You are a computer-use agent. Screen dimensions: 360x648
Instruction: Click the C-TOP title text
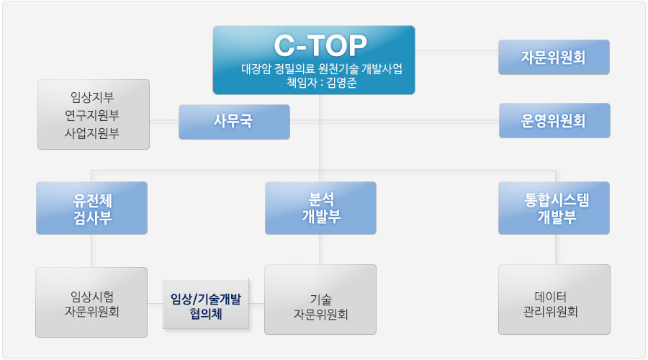[320, 45]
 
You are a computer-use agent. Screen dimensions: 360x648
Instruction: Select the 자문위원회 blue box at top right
[554, 58]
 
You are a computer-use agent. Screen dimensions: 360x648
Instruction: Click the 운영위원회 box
[554, 121]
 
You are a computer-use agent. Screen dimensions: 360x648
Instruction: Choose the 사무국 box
[234, 122]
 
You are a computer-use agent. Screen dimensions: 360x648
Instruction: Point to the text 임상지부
[92, 97]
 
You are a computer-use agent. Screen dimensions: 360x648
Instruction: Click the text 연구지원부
[92, 115]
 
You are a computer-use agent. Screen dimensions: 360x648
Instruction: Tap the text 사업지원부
[92, 133]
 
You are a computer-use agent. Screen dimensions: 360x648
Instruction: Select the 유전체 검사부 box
[92, 208]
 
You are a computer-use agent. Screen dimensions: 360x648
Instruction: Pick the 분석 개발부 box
[320, 208]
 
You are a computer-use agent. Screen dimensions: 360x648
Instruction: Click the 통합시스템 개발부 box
[554, 208]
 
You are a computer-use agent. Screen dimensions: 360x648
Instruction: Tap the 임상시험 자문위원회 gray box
[92, 303]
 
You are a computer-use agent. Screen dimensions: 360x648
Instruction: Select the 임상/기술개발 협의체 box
[206, 305]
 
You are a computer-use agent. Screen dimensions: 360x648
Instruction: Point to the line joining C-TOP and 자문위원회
[457, 51]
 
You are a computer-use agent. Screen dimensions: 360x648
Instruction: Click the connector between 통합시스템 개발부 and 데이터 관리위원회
[555, 250]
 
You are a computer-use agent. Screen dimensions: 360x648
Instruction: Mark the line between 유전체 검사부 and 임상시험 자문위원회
[92, 251]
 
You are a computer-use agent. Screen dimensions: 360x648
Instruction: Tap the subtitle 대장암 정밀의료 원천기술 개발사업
[321, 69]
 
